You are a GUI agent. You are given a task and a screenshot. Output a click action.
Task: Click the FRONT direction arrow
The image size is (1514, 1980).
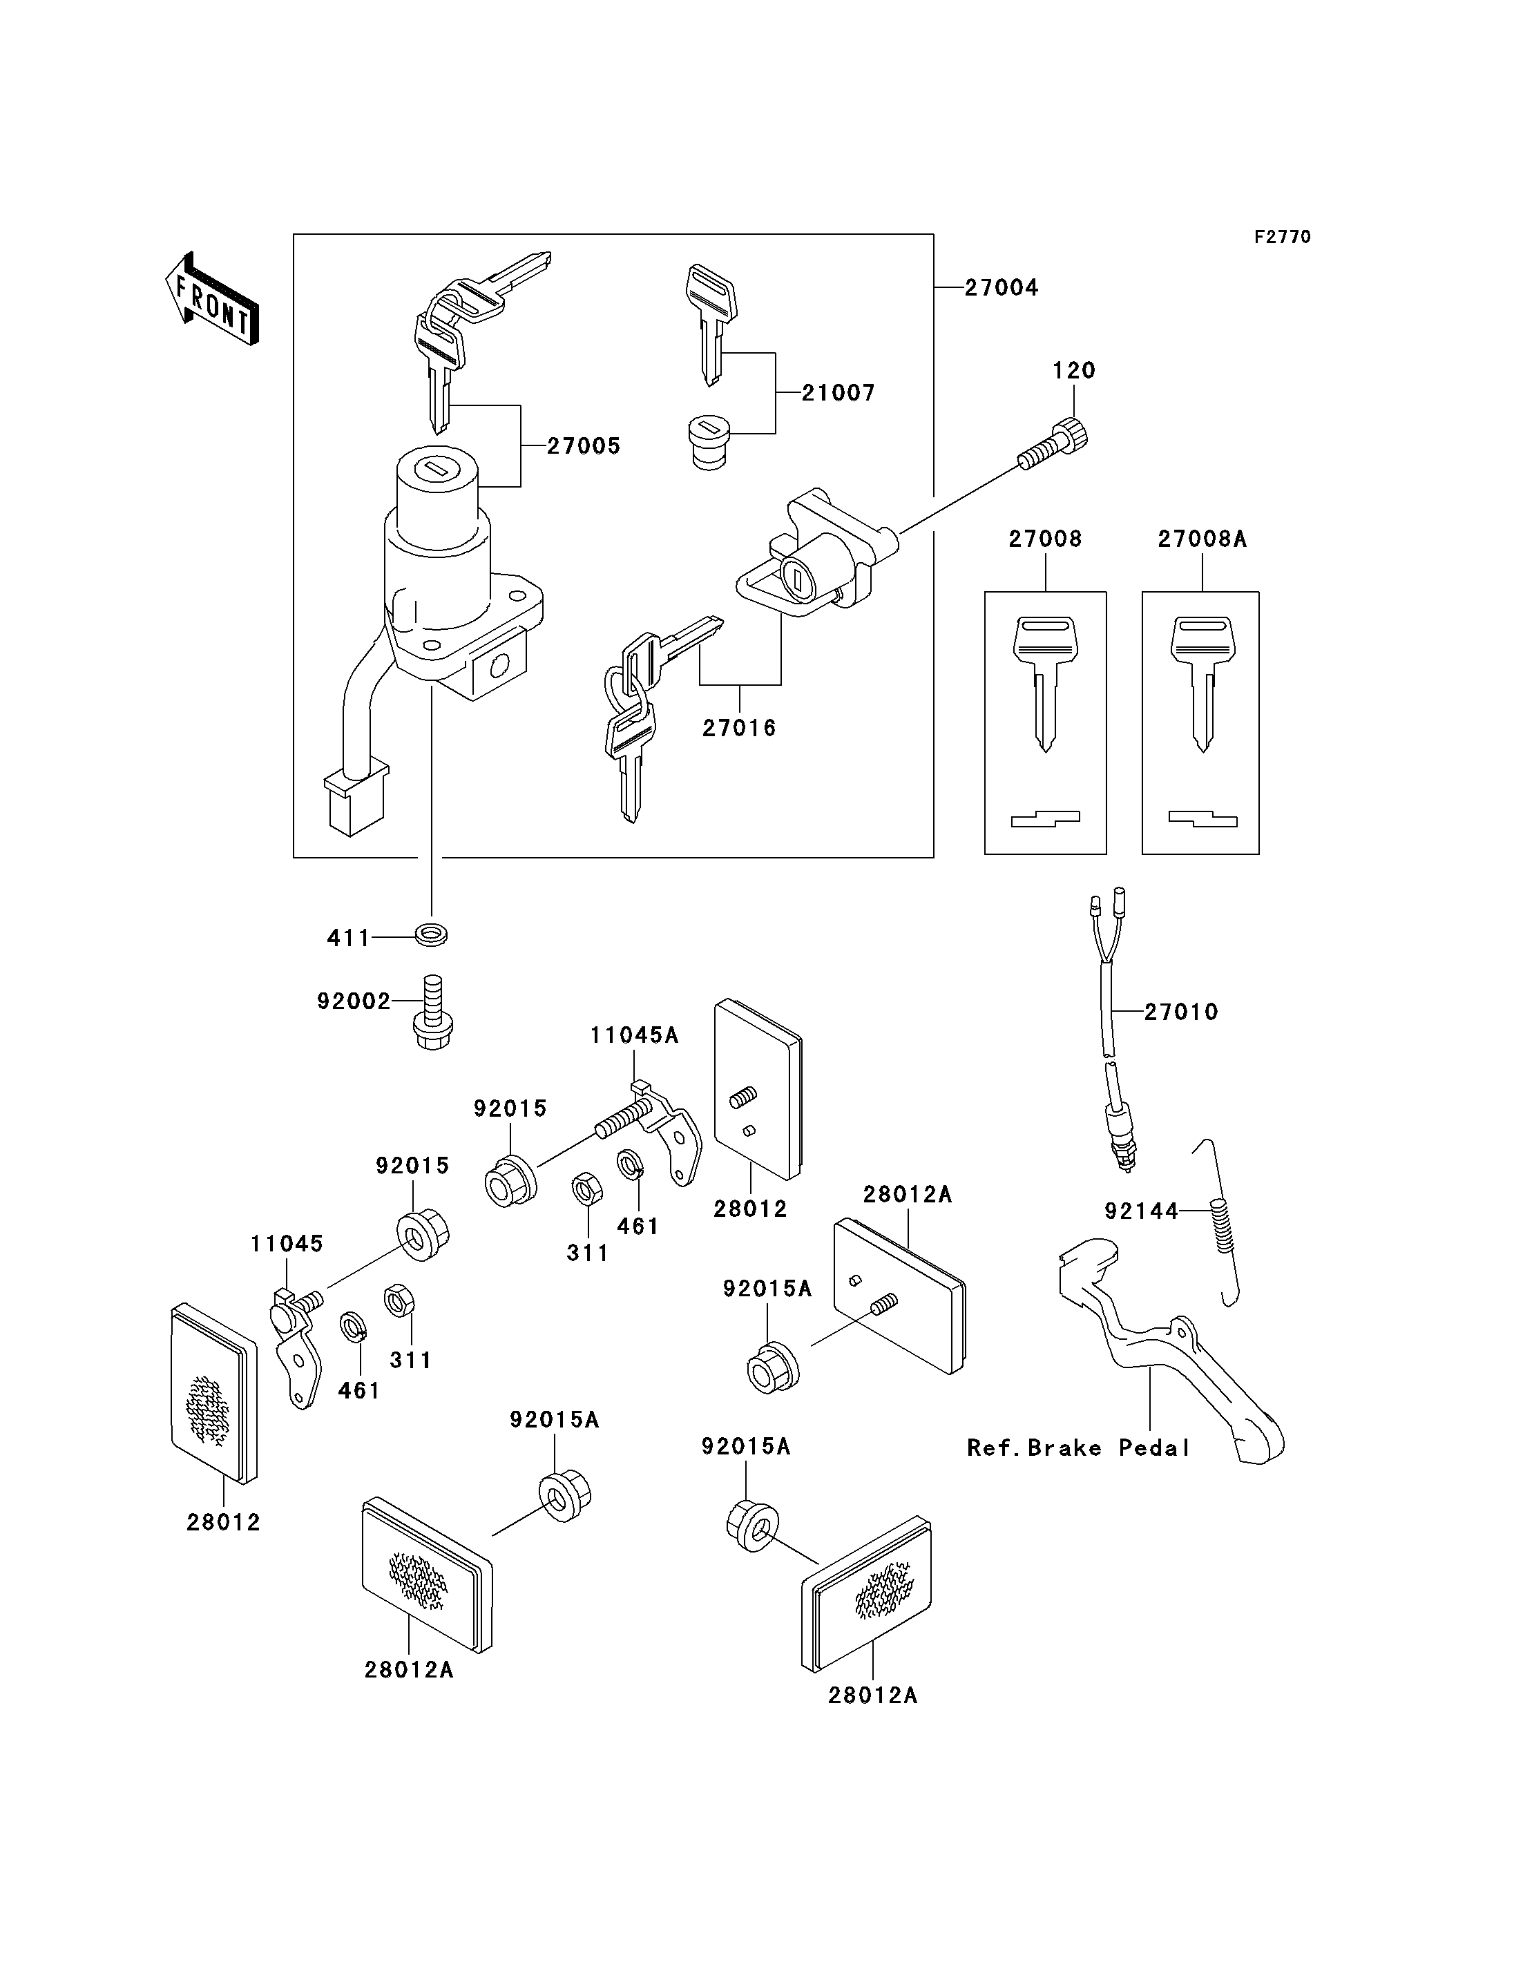pos(212,298)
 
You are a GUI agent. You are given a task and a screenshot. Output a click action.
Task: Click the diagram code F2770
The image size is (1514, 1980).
pos(1283,237)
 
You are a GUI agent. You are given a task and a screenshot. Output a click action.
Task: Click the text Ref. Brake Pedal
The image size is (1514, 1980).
pos(1077,1448)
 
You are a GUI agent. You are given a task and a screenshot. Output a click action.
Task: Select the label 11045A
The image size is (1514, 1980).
pos(635,1037)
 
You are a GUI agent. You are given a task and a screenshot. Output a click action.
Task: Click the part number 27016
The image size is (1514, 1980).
pos(739,728)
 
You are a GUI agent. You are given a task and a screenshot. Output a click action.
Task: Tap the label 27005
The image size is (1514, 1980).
pos(584,446)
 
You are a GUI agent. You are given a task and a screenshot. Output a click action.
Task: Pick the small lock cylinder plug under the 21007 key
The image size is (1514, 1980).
pos(710,441)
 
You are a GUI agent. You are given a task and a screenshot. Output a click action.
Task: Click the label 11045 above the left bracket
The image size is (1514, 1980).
pos(287,1244)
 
